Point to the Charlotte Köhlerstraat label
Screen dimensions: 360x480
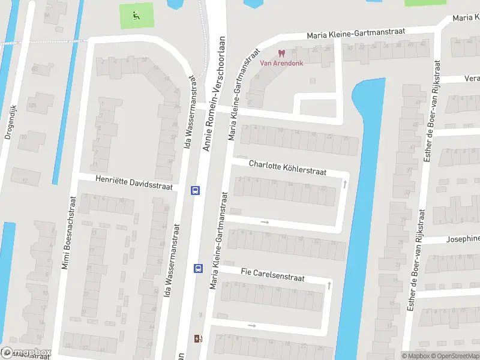click(x=287, y=167)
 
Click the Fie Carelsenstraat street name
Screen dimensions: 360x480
click(x=272, y=275)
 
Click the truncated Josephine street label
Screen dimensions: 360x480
click(x=463, y=239)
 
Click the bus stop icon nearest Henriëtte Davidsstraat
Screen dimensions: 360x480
click(x=195, y=190)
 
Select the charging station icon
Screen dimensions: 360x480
click(x=198, y=338)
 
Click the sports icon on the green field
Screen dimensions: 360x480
click(x=136, y=16)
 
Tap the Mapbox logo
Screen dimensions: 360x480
click(x=26, y=353)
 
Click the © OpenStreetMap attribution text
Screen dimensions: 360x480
click(x=454, y=356)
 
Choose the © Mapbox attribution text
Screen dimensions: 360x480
click(x=414, y=356)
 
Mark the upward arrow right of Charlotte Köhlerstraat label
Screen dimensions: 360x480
click(x=344, y=184)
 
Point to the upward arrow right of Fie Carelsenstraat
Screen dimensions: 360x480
click(x=329, y=286)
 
